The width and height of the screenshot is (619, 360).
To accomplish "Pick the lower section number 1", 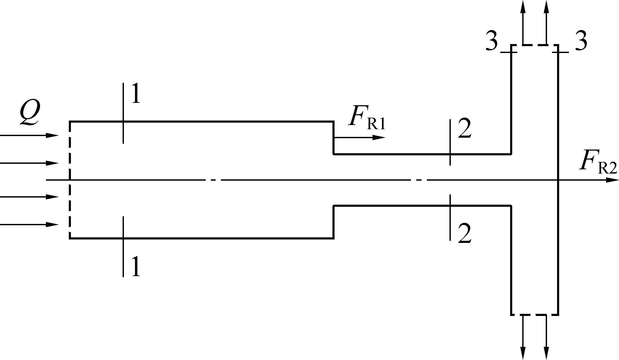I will click(x=136, y=266).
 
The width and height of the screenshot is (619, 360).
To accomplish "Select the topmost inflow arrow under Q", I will click(x=29, y=136).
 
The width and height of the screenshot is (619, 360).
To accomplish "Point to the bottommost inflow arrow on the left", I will click(x=29, y=224).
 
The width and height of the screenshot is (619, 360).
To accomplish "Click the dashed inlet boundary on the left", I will click(x=70, y=180).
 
